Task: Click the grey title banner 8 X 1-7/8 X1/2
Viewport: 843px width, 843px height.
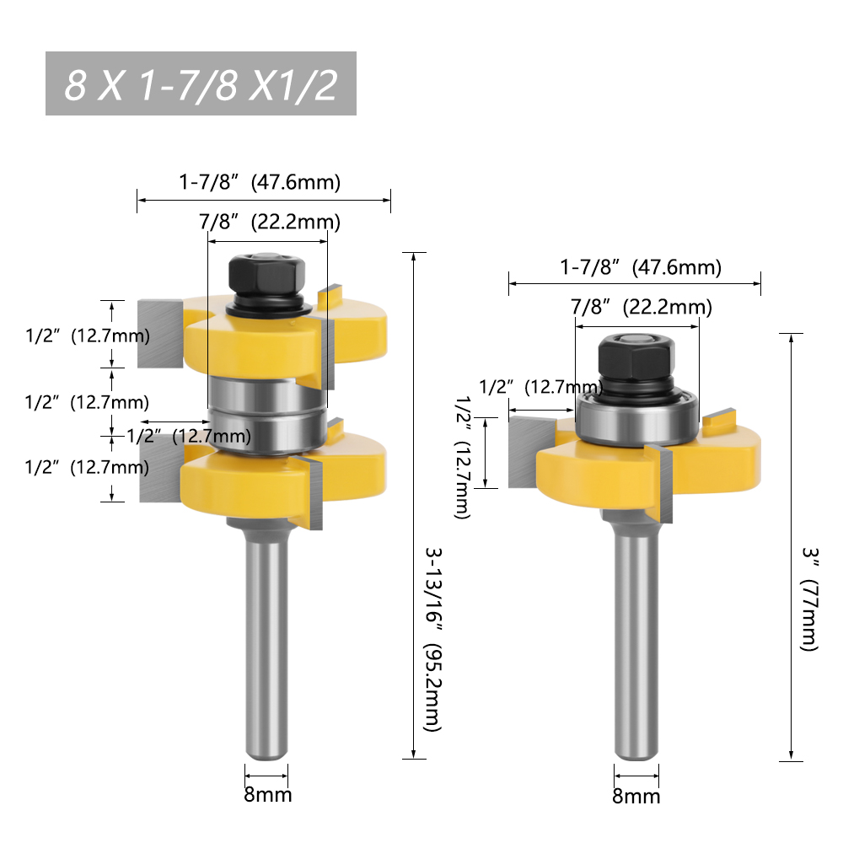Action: (201, 84)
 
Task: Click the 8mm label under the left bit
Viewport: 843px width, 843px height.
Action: (268, 794)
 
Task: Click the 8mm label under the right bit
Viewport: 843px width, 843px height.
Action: (636, 796)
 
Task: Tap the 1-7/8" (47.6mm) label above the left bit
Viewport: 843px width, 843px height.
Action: (259, 181)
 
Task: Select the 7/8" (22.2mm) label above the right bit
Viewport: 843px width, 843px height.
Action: (641, 308)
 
